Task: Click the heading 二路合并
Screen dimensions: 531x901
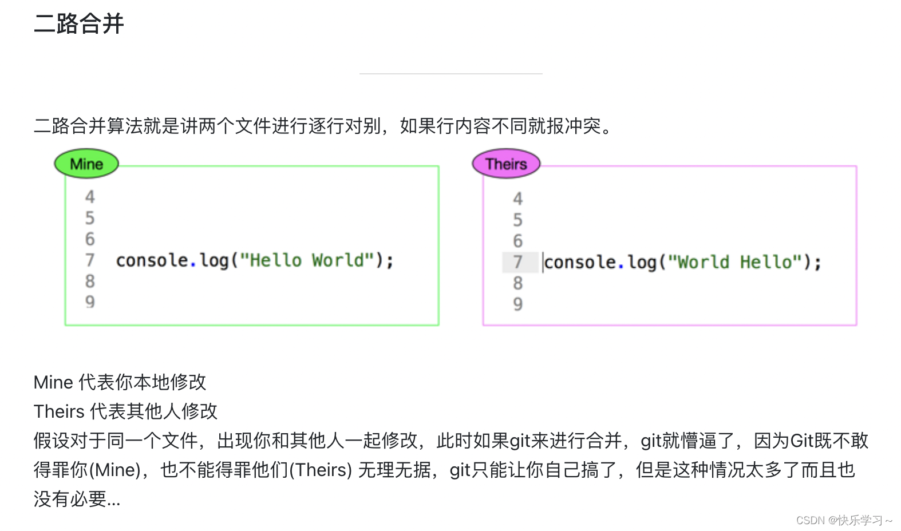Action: tap(79, 24)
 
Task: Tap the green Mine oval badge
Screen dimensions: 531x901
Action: tap(86, 164)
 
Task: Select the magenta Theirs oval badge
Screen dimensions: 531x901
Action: tap(506, 164)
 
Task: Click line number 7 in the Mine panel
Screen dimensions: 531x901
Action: tap(90, 260)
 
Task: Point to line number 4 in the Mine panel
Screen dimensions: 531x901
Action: tap(90, 197)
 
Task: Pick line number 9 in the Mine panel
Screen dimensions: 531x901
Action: tap(90, 302)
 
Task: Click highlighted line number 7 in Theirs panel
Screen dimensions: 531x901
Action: tap(518, 262)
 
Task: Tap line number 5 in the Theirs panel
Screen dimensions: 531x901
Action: tap(518, 220)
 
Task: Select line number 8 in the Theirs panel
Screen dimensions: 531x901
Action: tap(518, 283)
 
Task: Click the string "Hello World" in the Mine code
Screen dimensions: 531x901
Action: tap(307, 260)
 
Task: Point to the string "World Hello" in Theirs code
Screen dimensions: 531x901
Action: tap(735, 262)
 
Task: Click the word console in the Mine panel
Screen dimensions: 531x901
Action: tap(152, 260)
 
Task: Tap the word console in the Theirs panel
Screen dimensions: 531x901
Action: tap(580, 262)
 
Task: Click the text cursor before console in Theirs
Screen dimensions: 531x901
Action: tap(543, 262)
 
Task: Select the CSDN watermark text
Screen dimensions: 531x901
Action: tap(844, 520)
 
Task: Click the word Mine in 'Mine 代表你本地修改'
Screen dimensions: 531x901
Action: tap(53, 382)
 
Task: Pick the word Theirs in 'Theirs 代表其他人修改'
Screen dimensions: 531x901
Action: tap(59, 411)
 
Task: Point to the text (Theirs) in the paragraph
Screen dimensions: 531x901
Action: tap(321, 470)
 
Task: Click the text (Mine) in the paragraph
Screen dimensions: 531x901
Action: tap(117, 470)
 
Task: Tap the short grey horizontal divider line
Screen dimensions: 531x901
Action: tap(450, 74)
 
